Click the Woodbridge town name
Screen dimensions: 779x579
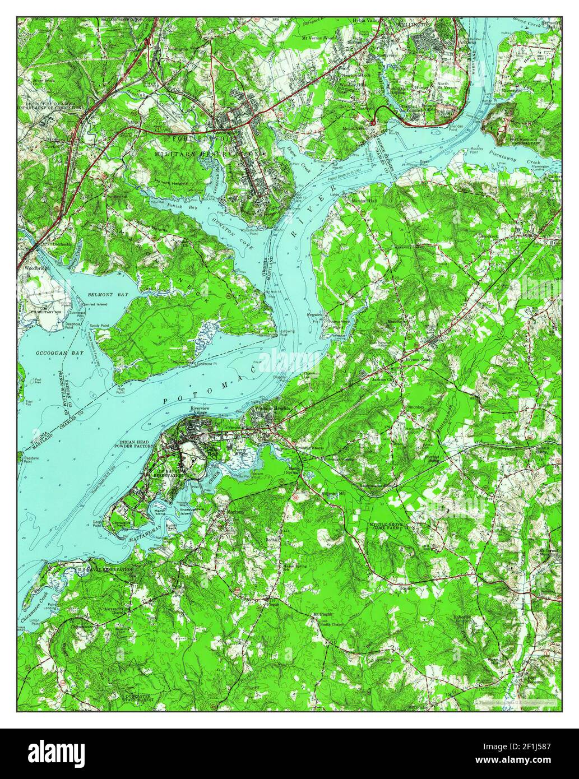(x=34, y=268)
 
